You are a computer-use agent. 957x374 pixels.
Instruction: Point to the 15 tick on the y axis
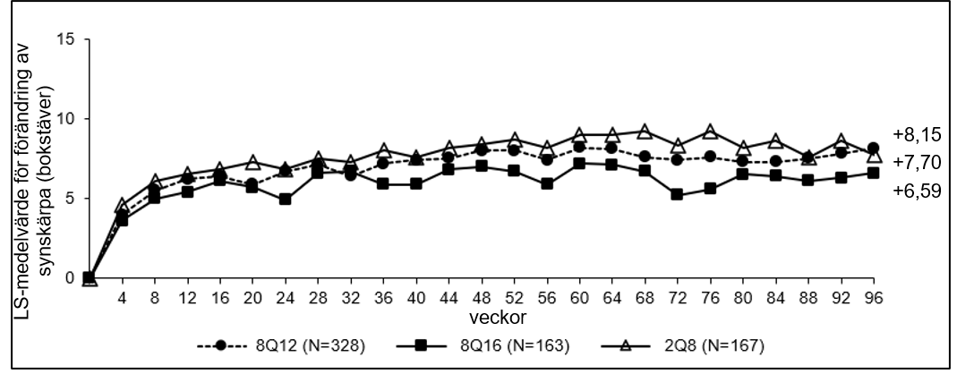click(66, 39)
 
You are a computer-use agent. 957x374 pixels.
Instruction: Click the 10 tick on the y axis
click(66, 118)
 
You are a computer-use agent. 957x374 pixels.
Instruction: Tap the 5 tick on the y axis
click(70, 199)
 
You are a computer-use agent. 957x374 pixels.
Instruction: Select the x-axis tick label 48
click(482, 298)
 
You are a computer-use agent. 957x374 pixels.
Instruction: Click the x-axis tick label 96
click(874, 298)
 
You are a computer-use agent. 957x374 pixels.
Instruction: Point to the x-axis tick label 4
click(122, 298)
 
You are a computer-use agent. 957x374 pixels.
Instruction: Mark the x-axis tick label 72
click(678, 298)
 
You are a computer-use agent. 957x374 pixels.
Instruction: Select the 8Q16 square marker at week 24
click(285, 199)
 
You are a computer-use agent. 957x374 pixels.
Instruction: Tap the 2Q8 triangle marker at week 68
click(645, 132)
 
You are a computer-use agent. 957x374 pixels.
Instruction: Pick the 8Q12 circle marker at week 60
click(579, 147)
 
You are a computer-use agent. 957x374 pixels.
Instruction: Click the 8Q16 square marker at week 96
click(874, 174)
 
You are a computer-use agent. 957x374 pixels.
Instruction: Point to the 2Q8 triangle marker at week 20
click(252, 163)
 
